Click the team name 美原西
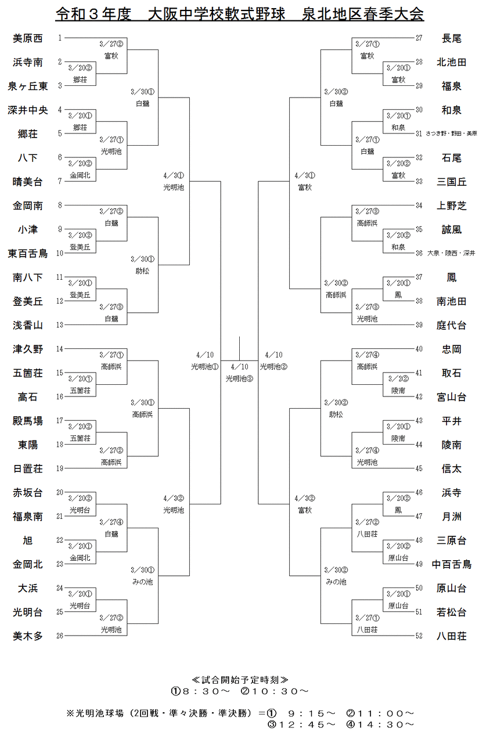click(x=28, y=38)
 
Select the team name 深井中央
click(x=28, y=110)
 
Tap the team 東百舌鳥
click(x=28, y=253)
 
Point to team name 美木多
click(x=28, y=636)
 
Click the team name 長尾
click(x=451, y=38)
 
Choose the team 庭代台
click(x=451, y=325)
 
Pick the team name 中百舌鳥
click(x=451, y=564)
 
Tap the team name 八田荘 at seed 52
click(x=451, y=636)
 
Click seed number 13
click(x=59, y=325)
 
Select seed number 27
click(x=419, y=38)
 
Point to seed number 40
click(x=419, y=349)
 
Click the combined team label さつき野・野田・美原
click(x=451, y=134)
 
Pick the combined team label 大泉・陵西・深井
click(x=451, y=253)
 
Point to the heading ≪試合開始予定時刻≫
click(x=239, y=679)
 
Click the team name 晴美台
click(x=28, y=182)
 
